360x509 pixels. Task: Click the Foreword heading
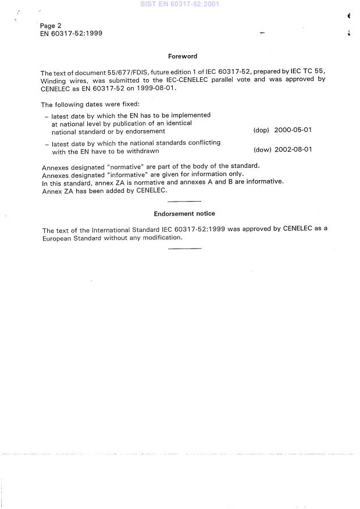pyautogui.click(x=183, y=56)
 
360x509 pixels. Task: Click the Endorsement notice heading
pyautogui.click(x=184, y=214)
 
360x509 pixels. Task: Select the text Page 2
pyautogui.click(x=51, y=26)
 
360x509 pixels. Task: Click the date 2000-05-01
pyautogui.click(x=293, y=130)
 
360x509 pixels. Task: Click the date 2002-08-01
pyautogui.click(x=293, y=149)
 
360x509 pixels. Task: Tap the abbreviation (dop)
pyautogui.click(x=261, y=130)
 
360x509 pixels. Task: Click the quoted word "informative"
pyautogui.click(x=130, y=174)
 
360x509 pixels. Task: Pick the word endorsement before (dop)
pyautogui.click(x=142, y=131)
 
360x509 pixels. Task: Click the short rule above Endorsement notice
pyautogui.click(x=184, y=201)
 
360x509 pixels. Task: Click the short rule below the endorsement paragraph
pyautogui.click(x=184, y=249)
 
